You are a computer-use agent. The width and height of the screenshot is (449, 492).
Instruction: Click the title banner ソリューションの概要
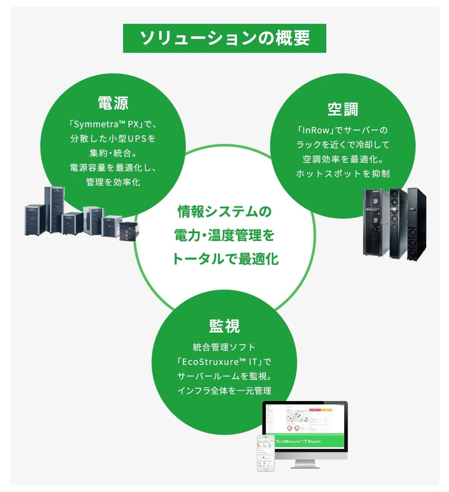point(224,38)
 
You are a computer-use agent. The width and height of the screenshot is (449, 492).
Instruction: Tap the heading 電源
point(113,103)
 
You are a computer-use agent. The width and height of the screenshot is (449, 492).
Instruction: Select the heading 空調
point(343,109)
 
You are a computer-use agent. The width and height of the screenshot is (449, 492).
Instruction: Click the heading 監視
point(224,326)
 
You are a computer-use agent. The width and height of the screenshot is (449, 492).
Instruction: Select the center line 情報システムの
point(224,211)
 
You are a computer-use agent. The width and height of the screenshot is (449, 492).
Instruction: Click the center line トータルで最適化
point(224,259)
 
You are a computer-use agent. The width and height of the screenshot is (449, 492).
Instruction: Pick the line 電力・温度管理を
point(224,235)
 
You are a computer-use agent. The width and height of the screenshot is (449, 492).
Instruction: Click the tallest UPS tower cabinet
point(55,209)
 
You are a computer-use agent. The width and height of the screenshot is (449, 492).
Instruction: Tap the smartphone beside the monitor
point(266,453)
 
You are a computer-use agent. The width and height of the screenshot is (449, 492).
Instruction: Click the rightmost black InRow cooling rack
point(417,224)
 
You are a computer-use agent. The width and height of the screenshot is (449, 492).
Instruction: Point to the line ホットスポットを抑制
point(343,174)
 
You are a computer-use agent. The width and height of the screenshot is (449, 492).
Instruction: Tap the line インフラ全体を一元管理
point(224,391)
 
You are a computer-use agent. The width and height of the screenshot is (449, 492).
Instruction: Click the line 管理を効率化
point(113,182)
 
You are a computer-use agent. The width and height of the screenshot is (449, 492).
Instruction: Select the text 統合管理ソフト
point(224,347)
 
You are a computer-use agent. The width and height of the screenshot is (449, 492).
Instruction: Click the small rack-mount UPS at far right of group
point(127,232)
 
